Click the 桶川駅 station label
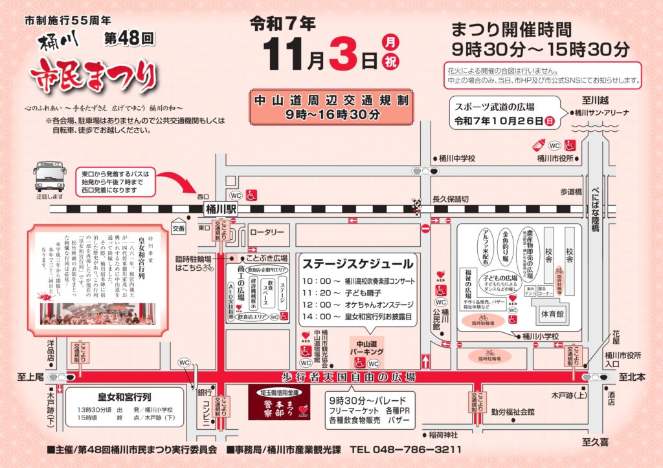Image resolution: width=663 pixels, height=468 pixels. [221, 209]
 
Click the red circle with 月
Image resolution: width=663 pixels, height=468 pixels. [391, 43]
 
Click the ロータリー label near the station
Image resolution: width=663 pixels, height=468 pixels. [267, 233]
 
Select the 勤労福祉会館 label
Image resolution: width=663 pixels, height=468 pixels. [512, 411]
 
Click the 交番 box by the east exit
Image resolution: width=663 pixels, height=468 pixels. [179, 228]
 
